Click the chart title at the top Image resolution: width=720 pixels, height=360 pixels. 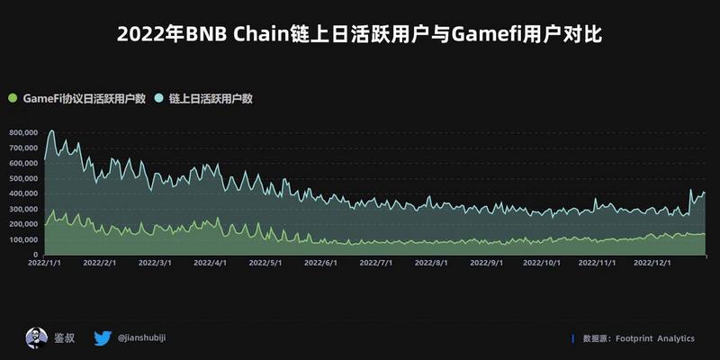click(x=360, y=35)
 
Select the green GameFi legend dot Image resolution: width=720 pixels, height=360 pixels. click(x=12, y=98)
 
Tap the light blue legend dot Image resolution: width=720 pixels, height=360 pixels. click(x=160, y=98)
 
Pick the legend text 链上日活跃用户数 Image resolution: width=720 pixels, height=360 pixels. click(x=210, y=98)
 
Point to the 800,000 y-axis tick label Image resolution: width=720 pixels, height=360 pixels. click(x=22, y=133)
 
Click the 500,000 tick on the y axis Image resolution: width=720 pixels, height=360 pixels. click(x=22, y=179)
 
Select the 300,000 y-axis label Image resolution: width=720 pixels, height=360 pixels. click(x=22, y=210)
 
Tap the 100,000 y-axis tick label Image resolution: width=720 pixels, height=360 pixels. click(x=22, y=240)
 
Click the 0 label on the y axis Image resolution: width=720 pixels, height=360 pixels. click(x=34, y=256)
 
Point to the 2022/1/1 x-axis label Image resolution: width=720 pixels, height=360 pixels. click(x=45, y=264)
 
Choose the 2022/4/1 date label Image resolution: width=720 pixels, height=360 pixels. click(x=210, y=264)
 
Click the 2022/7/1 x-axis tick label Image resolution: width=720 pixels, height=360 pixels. click(x=375, y=264)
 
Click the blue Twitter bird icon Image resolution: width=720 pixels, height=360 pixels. click(x=103, y=338)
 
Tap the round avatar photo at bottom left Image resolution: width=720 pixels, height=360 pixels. click(x=36, y=338)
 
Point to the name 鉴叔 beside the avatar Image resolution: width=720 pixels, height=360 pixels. click(x=64, y=339)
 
